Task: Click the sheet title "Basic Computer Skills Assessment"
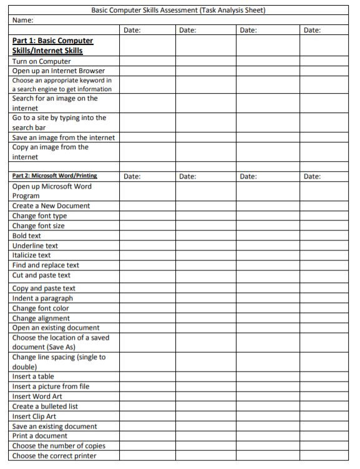(x=178, y=10)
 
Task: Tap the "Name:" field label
(x=23, y=20)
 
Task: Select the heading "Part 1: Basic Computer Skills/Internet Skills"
(x=52, y=46)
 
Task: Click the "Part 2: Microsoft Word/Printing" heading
(x=55, y=176)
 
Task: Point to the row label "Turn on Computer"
(x=41, y=61)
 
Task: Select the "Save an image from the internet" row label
(x=64, y=137)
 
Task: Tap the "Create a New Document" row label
(x=51, y=205)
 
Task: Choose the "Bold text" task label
(x=27, y=235)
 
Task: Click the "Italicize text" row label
(x=32, y=255)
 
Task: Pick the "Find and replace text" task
(x=46, y=265)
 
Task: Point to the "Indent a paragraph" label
(x=42, y=298)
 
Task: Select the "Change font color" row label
(x=41, y=308)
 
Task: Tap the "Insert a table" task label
(x=33, y=377)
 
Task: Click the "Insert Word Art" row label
(x=37, y=396)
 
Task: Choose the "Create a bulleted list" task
(x=45, y=406)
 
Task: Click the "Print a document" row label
(x=40, y=436)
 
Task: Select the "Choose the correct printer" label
(x=54, y=456)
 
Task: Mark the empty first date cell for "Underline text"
(x=146, y=245)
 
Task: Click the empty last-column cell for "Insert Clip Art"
(x=325, y=416)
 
